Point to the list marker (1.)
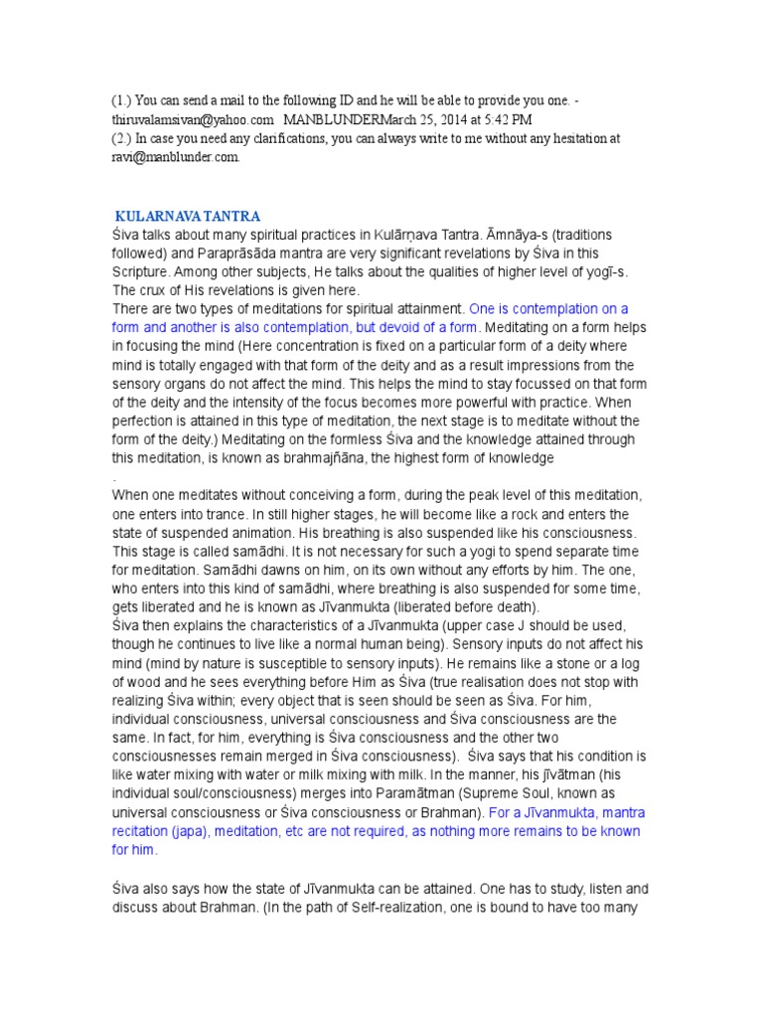[121, 99]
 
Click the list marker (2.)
[121, 138]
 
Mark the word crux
[151, 289]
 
